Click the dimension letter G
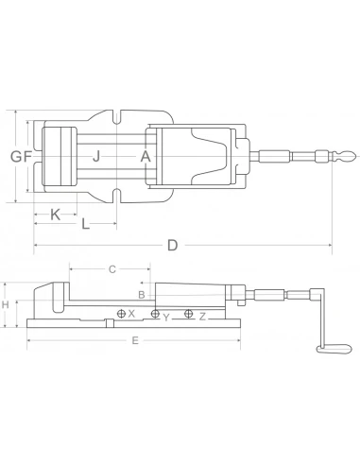tap(15, 156)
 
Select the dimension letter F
tap(27, 156)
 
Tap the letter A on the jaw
tap(145, 156)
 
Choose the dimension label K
tap(55, 215)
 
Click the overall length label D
tap(172, 246)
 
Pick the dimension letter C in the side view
tap(111, 269)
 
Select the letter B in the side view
tap(141, 295)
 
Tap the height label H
tap(6, 305)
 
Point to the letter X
tap(132, 313)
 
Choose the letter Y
tap(166, 317)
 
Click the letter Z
tap(201, 316)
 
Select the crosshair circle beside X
tap(121, 313)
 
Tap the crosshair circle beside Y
tap(155, 314)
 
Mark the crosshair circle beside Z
tap(189, 314)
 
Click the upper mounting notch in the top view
tap(119, 119)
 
